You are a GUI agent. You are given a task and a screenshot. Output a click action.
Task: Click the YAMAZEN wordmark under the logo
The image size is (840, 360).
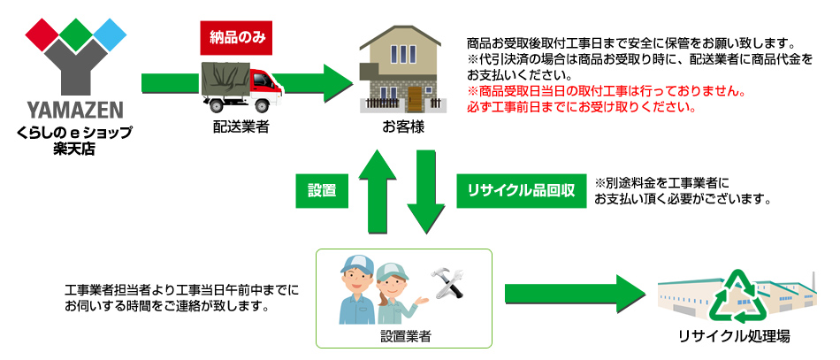pos(73,111)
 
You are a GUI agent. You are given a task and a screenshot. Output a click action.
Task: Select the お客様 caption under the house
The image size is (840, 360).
pos(402,127)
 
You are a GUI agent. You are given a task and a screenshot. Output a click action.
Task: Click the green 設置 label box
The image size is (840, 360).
pos(321,190)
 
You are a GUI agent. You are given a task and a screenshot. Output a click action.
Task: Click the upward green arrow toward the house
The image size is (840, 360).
pos(372,190)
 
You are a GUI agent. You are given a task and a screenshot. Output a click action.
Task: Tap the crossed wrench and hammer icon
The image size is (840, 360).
pos(449,284)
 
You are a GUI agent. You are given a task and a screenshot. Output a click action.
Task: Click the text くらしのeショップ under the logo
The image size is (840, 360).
pos(73,133)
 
